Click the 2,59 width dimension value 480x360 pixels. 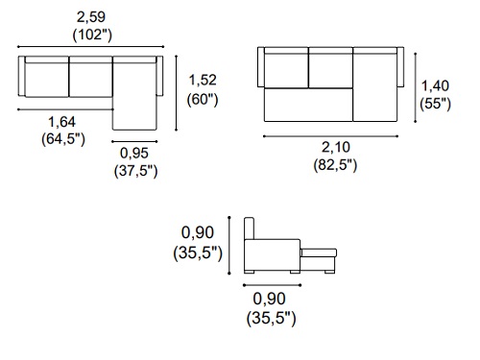tap(91, 17)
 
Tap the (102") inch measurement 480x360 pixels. tap(92, 35)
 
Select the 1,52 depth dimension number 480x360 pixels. tap(203, 80)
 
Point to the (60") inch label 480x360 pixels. tap(203, 99)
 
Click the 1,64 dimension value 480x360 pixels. tap(62, 122)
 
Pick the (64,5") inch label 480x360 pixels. tap(63, 139)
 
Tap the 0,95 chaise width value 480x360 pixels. tap(134, 154)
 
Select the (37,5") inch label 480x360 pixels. tap(135, 171)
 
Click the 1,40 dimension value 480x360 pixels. tap(435, 85)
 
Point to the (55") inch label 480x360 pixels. tap(435, 104)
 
